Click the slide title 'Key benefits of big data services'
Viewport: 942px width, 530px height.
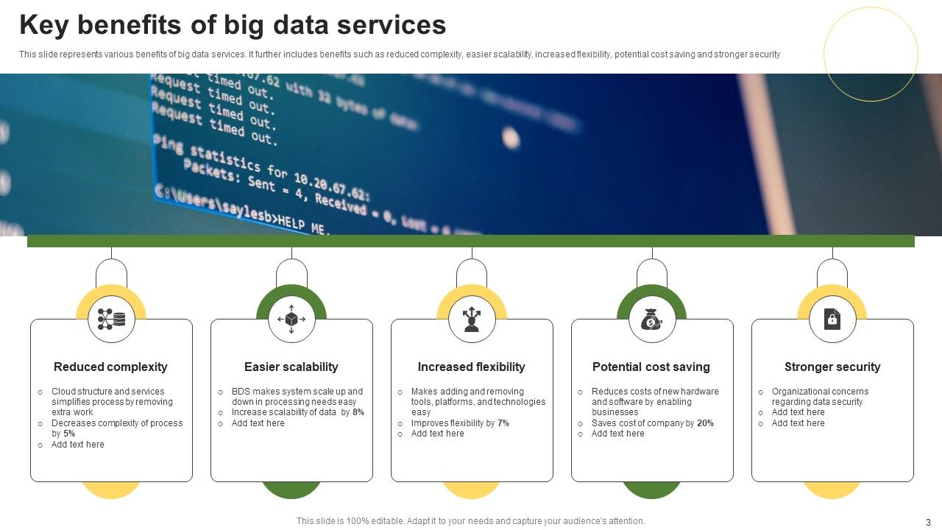(233, 25)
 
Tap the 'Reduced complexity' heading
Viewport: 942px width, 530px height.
(110, 367)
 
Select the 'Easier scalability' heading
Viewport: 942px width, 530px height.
(291, 367)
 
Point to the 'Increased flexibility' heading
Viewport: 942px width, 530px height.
(471, 367)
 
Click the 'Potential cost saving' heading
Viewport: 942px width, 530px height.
(651, 367)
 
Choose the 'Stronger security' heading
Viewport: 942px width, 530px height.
(832, 367)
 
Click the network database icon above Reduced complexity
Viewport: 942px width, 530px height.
(111, 319)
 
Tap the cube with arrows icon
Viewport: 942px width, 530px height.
(291, 319)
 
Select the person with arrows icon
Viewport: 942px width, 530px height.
(472, 319)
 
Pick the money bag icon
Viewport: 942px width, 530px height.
(652, 319)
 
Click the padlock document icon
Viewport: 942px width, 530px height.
(832, 319)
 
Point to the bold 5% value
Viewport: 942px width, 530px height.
(69, 434)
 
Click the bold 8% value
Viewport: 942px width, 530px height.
(358, 412)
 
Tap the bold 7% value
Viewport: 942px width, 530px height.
(503, 423)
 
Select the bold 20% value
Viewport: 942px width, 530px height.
(705, 423)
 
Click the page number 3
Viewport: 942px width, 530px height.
(928, 521)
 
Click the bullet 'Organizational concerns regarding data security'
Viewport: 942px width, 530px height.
(820, 397)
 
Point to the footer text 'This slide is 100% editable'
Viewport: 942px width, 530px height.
(470, 521)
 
